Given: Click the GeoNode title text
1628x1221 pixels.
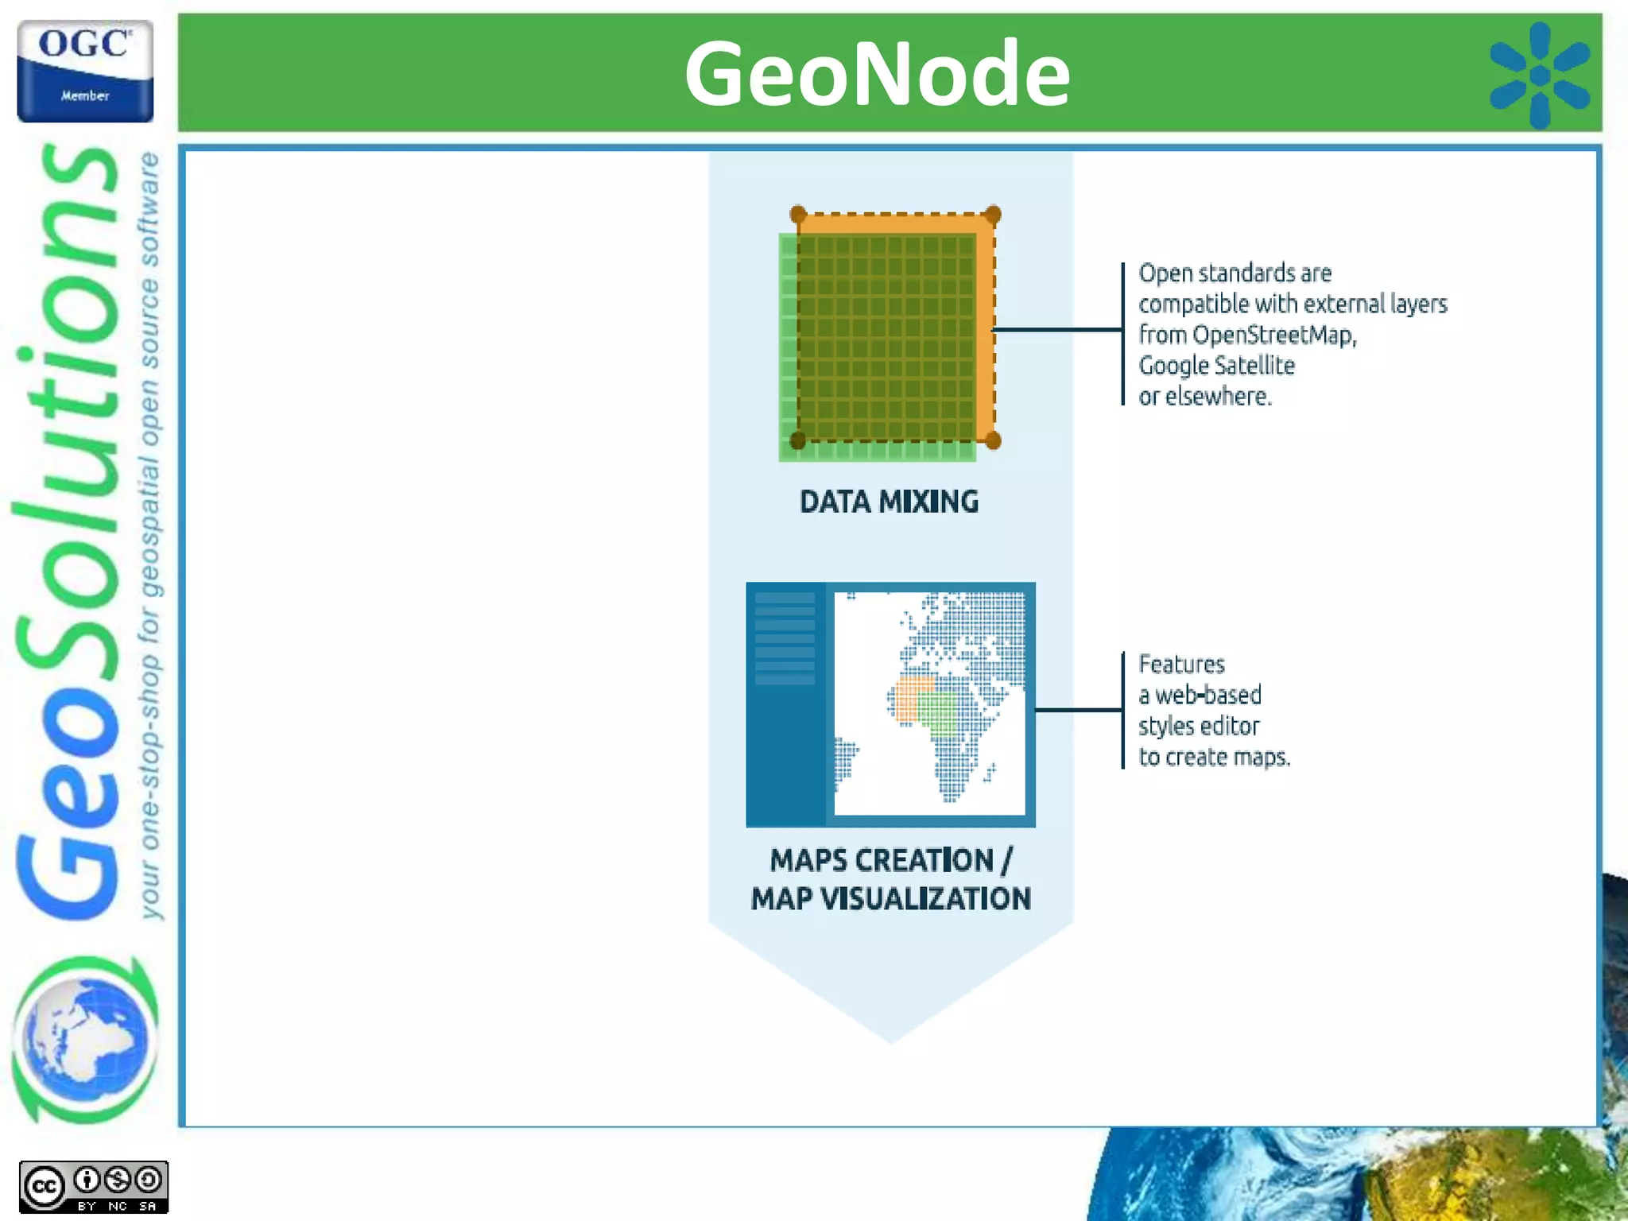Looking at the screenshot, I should click(x=877, y=74).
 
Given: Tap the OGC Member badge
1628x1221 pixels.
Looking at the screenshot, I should click(x=85, y=72).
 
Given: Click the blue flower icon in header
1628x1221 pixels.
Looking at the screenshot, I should click(x=1539, y=76).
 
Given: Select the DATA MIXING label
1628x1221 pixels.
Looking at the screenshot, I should click(x=889, y=502).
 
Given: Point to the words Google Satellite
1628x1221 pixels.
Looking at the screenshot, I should click(x=1216, y=366).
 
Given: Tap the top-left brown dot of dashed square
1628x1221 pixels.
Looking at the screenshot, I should click(x=798, y=215).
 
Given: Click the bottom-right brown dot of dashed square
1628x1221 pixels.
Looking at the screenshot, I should click(x=993, y=440).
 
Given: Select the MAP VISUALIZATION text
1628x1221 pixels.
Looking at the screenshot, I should click(x=890, y=899).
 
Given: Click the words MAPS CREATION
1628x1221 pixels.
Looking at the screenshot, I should click(x=881, y=860).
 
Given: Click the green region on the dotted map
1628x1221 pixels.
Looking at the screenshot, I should click(x=939, y=713).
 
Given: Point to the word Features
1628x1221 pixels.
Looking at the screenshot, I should click(x=1181, y=665).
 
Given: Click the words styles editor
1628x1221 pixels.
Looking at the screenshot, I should click(x=1198, y=727).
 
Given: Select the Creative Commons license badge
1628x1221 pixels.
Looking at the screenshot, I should click(x=93, y=1187).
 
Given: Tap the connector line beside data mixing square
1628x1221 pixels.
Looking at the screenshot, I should click(x=1057, y=329).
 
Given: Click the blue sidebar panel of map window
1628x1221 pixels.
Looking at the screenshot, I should click(x=785, y=704).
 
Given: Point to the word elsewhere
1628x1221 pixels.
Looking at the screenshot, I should click(x=1217, y=397).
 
